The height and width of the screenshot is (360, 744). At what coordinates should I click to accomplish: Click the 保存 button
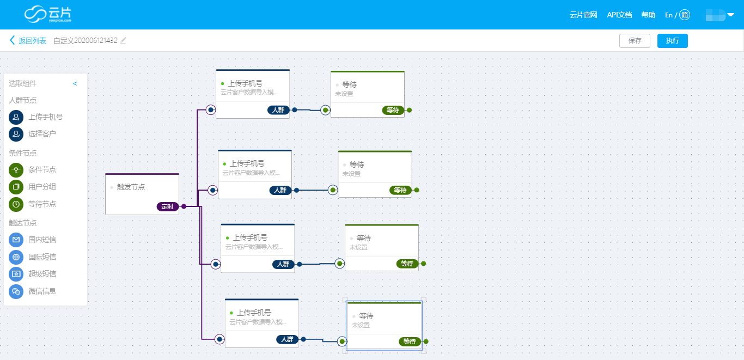point(635,40)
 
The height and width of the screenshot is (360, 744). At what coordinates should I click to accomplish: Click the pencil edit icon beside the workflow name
point(123,40)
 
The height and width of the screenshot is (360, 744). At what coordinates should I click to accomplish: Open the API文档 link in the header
point(619,15)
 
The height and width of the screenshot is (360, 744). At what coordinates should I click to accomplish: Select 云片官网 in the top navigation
point(583,15)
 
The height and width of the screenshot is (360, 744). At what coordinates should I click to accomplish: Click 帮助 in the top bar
point(648,15)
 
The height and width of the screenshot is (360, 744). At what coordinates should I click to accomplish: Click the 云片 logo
point(48,14)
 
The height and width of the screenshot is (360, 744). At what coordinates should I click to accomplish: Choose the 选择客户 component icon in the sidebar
point(16,134)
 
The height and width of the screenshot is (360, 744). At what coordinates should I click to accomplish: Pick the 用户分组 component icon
point(16,187)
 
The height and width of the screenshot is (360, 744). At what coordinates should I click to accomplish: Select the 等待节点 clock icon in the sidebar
point(16,204)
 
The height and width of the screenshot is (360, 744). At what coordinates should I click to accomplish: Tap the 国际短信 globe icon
point(16,257)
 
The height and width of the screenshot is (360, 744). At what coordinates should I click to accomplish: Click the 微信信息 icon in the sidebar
point(16,291)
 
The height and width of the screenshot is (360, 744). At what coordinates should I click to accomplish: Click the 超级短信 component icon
point(16,274)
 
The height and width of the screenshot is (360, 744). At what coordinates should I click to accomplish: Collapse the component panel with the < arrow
point(75,84)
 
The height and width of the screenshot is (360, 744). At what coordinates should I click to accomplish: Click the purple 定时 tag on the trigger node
point(167,206)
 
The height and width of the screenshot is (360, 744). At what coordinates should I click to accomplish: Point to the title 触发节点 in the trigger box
point(131,187)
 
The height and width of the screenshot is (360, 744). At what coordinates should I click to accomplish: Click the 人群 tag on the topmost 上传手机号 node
point(278,110)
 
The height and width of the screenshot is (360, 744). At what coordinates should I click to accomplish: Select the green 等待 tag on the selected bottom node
point(410,341)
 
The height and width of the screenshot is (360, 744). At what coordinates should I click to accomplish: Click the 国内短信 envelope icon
point(16,240)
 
